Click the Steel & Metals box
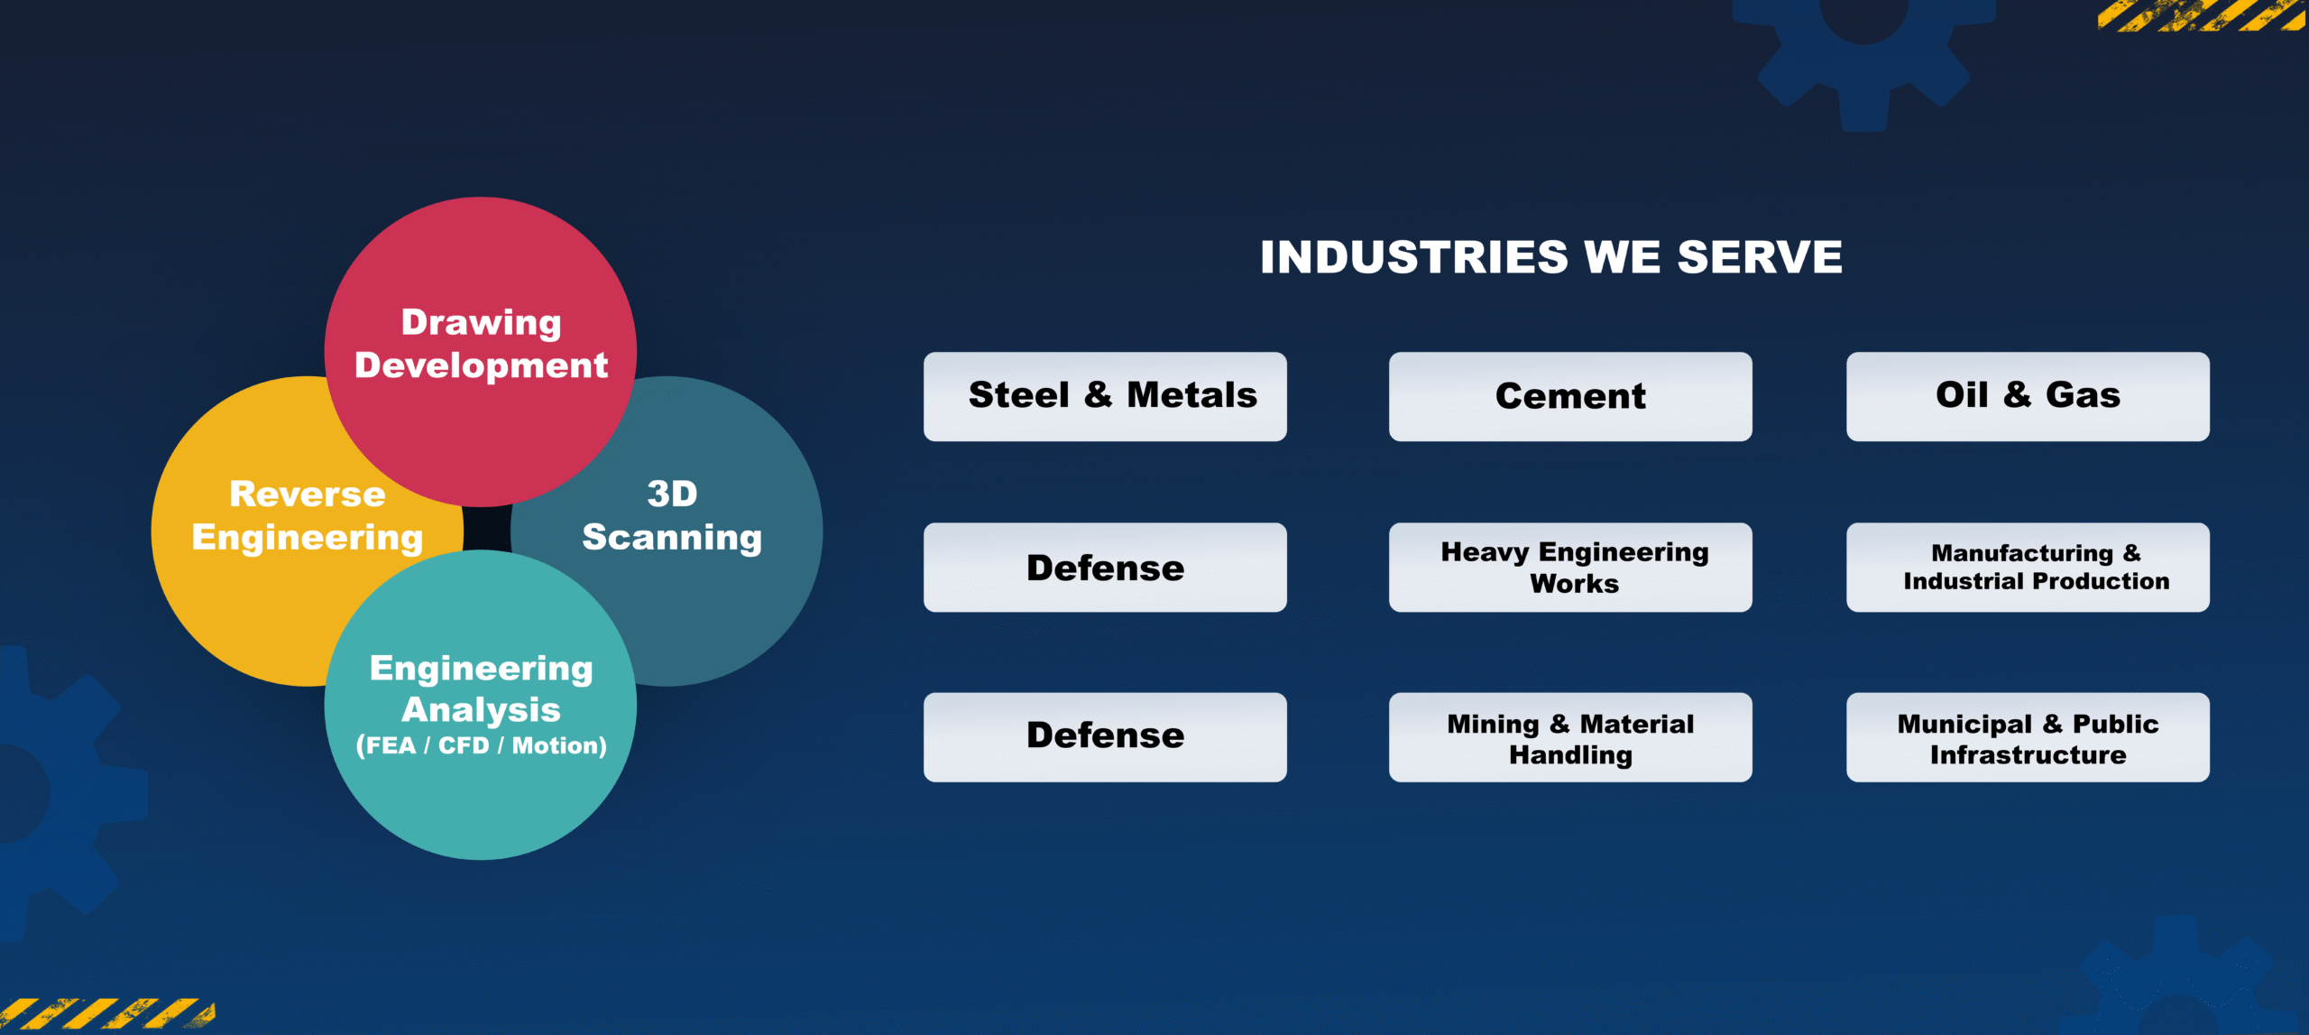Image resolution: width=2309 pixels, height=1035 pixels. coord(1105,396)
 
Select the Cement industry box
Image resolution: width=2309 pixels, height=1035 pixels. coord(1570,396)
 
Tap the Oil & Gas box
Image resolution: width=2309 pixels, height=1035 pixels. coord(2028,396)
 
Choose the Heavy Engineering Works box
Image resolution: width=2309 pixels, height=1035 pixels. coord(1570,567)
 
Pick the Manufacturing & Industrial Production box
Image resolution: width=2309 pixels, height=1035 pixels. coord(2028,567)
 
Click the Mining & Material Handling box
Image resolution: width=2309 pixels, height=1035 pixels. coord(1570,737)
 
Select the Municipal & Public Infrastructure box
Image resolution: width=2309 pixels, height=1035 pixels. coord(2028,737)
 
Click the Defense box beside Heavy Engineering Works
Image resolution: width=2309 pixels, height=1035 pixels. coord(1105,567)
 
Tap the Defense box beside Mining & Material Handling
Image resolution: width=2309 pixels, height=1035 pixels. coord(1105,737)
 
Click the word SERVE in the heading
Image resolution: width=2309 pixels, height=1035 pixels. coord(1760,257)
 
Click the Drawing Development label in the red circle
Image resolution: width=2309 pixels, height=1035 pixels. coord(482,344)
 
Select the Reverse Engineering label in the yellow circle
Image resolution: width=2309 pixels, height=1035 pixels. coord(308,515)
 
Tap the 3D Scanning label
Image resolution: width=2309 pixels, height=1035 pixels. coord(672,515)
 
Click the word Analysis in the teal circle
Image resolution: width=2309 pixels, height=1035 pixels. coord(481,710)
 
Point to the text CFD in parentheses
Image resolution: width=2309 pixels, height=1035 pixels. coord(464,745)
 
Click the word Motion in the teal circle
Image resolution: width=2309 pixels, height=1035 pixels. coord(556,745)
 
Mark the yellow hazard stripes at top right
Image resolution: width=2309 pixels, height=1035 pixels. coord(2201,15)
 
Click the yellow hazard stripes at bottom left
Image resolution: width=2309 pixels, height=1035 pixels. coord(106,1013)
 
